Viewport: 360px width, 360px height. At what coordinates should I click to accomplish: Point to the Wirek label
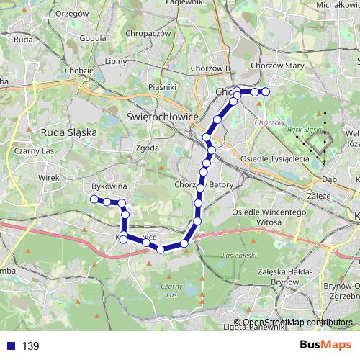pyautogui.click(x=49, y=175)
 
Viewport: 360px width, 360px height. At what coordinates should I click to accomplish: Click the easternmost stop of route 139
pyautogui.click(x=265, y=91)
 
